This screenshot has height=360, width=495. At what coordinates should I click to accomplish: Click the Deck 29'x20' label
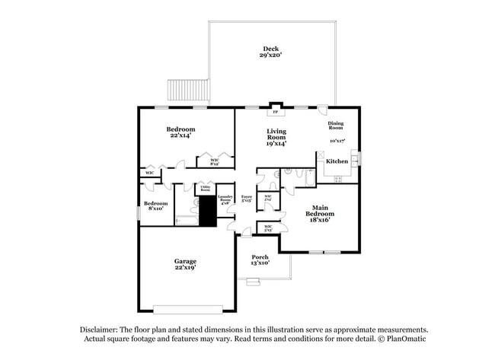(271, 53)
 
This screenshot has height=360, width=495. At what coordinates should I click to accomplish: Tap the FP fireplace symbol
(276, 110)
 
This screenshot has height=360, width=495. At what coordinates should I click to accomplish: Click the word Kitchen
(337, 161)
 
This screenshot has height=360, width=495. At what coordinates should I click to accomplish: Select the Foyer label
(246, 199)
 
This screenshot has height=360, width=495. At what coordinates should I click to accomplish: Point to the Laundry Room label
(225, 199)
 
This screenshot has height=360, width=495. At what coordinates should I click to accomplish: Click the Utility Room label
(206, 188)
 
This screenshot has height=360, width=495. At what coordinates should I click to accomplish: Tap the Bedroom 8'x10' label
(155, 206)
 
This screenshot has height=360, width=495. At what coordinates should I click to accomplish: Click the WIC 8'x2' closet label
(214, 161)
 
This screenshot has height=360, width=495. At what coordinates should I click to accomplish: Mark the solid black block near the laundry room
(207, 212)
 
